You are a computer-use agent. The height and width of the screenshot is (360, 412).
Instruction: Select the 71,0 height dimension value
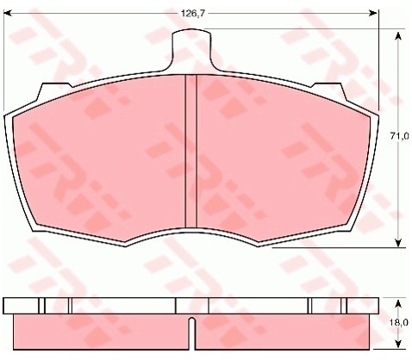click(399, 136)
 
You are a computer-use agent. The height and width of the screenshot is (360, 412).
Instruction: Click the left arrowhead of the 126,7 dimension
click(7, 13)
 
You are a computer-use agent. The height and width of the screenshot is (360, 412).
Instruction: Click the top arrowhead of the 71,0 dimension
click(398, 37)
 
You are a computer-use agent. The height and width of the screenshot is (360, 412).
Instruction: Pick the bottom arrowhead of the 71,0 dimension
click(398, 243)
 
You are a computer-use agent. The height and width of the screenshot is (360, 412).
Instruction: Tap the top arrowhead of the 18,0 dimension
click(398, 304)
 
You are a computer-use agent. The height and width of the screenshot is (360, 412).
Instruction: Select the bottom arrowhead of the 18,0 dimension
click(398, 344)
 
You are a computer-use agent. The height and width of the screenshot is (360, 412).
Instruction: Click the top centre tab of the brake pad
click(191, 49)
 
